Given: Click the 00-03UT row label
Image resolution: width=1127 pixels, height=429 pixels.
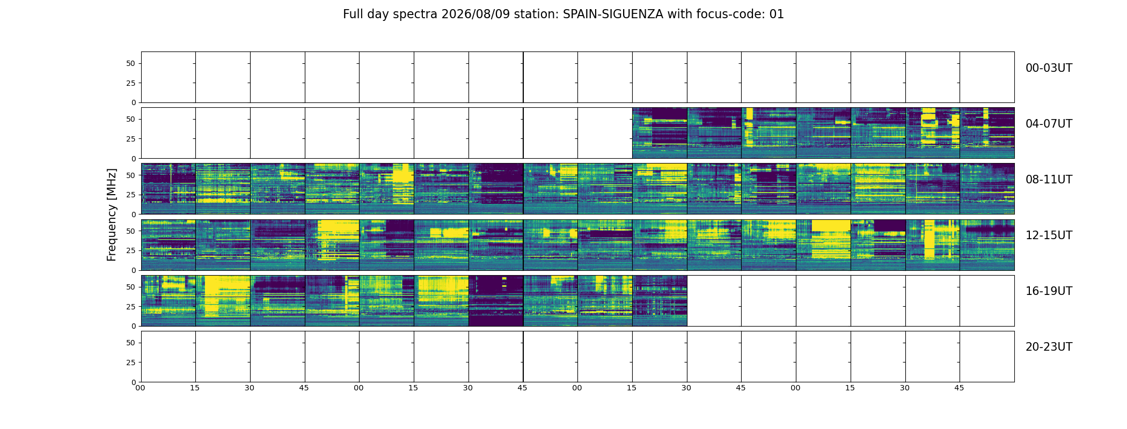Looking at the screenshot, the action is pyautogui.click(x=1049, y=68).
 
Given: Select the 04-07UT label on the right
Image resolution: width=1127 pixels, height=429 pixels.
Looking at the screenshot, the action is pyautogui.click(x=1049, y=124).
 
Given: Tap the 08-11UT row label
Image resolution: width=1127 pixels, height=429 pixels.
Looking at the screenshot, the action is pyautogui.click(x=1049, y=180).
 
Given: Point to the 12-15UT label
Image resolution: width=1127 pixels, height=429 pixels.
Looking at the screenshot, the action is pyautogui.click(x=1049, y=235).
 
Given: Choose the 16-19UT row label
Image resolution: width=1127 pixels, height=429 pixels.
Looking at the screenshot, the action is pyautogui.click(x=1049, y=291).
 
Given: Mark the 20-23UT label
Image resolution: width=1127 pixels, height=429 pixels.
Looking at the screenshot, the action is pyautogui.click(x=1049, y=347).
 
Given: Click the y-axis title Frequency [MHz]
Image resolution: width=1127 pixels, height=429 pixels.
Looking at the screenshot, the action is pyautogui.click(x=112, y=214).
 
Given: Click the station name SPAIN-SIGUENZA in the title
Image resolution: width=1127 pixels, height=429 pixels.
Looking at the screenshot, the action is pyautogui.click(x=613, y=14).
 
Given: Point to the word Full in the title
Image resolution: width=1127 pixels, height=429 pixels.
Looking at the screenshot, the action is pyautogui.click(x=353, y=14).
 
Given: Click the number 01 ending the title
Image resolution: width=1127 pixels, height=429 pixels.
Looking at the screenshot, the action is pyautogui.click(x=777, y=14).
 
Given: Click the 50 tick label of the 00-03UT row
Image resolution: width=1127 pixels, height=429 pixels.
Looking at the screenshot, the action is pyautogui.click(x=131, y=63).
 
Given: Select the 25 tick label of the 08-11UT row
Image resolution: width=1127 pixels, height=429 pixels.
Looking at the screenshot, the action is pyautogui.click(x=131, y=195).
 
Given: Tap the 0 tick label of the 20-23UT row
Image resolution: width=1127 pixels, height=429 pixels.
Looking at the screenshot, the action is pyautogui.click(x=134, y=382).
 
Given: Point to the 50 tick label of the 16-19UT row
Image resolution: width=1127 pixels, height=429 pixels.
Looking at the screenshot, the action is pyautogui.click(x=131, y=287).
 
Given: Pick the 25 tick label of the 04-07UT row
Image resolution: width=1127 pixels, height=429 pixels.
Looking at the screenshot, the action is pyautogui.click(x=131, y=139).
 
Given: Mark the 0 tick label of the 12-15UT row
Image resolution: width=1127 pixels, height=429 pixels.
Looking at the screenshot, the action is pyautogui.click(x=134, y=270).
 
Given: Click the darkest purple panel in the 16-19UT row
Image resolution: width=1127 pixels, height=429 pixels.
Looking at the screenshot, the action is pyautogui.click(x=496, y=301).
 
